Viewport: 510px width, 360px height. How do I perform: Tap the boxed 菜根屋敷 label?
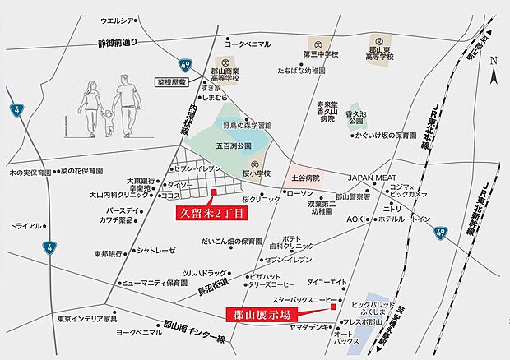(173, 83)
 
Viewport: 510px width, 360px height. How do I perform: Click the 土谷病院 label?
(306, 177)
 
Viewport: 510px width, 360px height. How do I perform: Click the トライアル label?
(27, 224)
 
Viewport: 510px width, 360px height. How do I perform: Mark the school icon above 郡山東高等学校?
(379, 40)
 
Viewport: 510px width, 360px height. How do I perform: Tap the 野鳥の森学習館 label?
(248, 125)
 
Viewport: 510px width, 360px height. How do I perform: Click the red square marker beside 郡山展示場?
(334, 307)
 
